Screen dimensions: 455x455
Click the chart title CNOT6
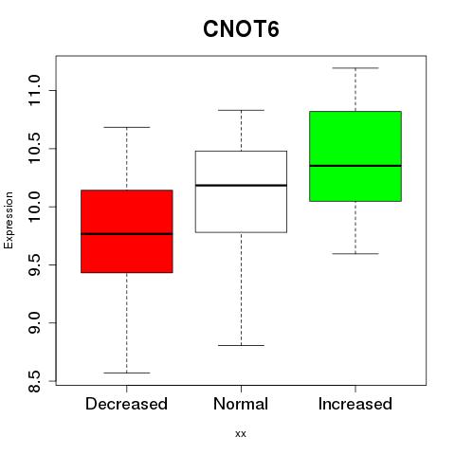241,29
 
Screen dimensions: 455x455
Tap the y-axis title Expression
9,220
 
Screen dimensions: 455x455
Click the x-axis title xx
241,434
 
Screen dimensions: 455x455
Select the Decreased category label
126,404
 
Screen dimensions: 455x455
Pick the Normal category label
241,404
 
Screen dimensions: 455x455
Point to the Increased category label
355,404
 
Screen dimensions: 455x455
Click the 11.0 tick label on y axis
34,90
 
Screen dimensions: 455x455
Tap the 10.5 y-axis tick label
34,149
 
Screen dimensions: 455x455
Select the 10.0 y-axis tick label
34,207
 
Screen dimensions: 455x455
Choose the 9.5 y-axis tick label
34,264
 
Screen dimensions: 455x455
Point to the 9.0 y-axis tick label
34,322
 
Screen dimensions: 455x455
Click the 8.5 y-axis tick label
34,381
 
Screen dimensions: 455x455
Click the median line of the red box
127,234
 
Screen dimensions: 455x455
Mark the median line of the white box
241,185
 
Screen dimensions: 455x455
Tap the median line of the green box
355,166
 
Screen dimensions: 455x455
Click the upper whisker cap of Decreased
127,127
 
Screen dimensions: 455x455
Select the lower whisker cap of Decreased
127,373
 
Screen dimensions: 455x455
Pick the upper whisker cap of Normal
241,110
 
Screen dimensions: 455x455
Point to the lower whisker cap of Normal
241,345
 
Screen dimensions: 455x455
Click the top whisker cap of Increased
355,68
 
